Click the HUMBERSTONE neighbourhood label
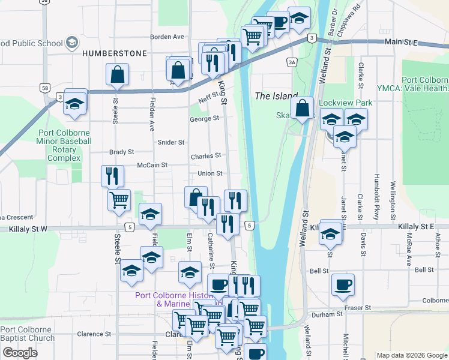pos(114,53)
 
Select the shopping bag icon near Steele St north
pos(117,75)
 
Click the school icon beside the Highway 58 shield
pos(75,103)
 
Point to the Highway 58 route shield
pos(46,88)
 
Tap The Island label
pos(276,96)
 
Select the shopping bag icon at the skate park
pos(303,109)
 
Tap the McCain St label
pos(151,164)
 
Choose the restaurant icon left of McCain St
pos(112,176)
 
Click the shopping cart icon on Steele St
pos(119,200)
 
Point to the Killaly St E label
pos(415,226)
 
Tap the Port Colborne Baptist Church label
pos(27,334)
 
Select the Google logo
pos(20,353)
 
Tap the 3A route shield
pos(292,62)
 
